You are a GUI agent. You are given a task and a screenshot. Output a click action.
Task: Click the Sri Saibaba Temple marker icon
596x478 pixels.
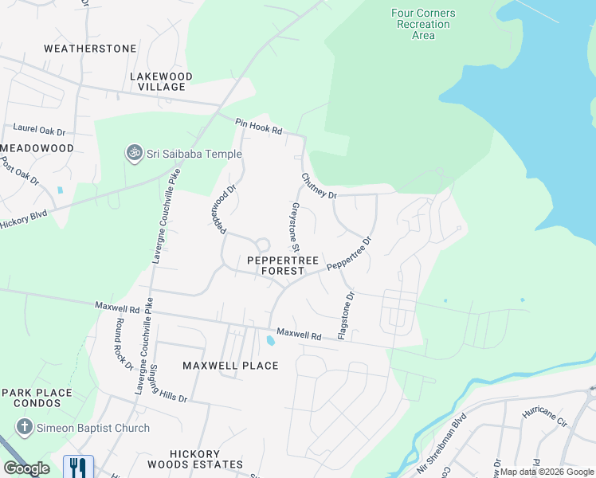tap(134, 152)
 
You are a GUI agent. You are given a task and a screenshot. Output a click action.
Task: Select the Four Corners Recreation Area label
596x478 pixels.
tap(423, 24)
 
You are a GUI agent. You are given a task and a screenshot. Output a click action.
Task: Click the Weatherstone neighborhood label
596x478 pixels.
tap(90, 49)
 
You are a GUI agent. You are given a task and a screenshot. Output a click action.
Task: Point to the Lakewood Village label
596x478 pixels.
tap(161, 81)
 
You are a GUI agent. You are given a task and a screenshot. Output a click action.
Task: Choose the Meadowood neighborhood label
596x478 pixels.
tap(38, 148)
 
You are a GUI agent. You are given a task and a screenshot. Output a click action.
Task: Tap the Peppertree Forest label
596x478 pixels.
tap(283, 266)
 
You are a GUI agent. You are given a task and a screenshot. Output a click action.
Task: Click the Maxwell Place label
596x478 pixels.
tap(230, 366)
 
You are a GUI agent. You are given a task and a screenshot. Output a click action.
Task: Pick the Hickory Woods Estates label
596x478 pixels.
tap(195, 458)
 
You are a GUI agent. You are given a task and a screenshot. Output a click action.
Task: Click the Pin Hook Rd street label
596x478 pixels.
tap(259, 126)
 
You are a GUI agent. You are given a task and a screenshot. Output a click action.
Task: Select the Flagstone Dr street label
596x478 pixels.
tap(346, 315)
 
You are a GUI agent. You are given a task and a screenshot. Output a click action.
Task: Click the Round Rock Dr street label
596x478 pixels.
tap(123, 344)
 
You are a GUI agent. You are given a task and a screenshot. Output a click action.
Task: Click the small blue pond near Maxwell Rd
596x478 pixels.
tap(271, 341)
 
